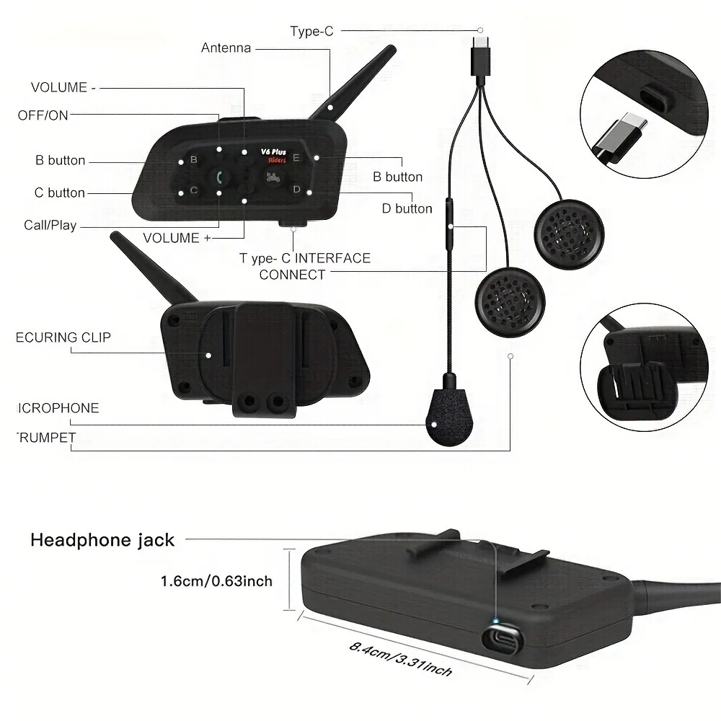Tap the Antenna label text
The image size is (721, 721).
point(226,48)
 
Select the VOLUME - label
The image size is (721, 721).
point(63,87)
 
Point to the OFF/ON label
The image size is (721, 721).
point(43,115)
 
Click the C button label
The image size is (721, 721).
point(60,193)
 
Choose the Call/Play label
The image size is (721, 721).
point(50,225)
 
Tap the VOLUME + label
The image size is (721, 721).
point(177,237)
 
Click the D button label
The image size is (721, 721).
point(407,208)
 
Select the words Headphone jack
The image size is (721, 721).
point(102,540)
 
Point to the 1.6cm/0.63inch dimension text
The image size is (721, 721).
point(216,580)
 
